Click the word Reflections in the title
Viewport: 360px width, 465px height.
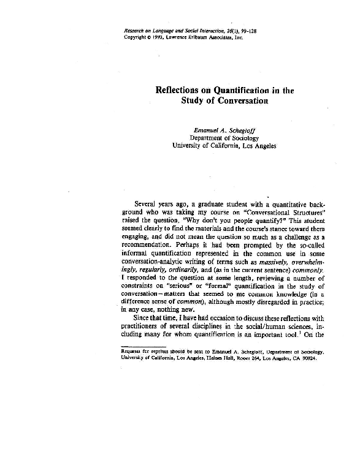[x=180, y=90]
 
